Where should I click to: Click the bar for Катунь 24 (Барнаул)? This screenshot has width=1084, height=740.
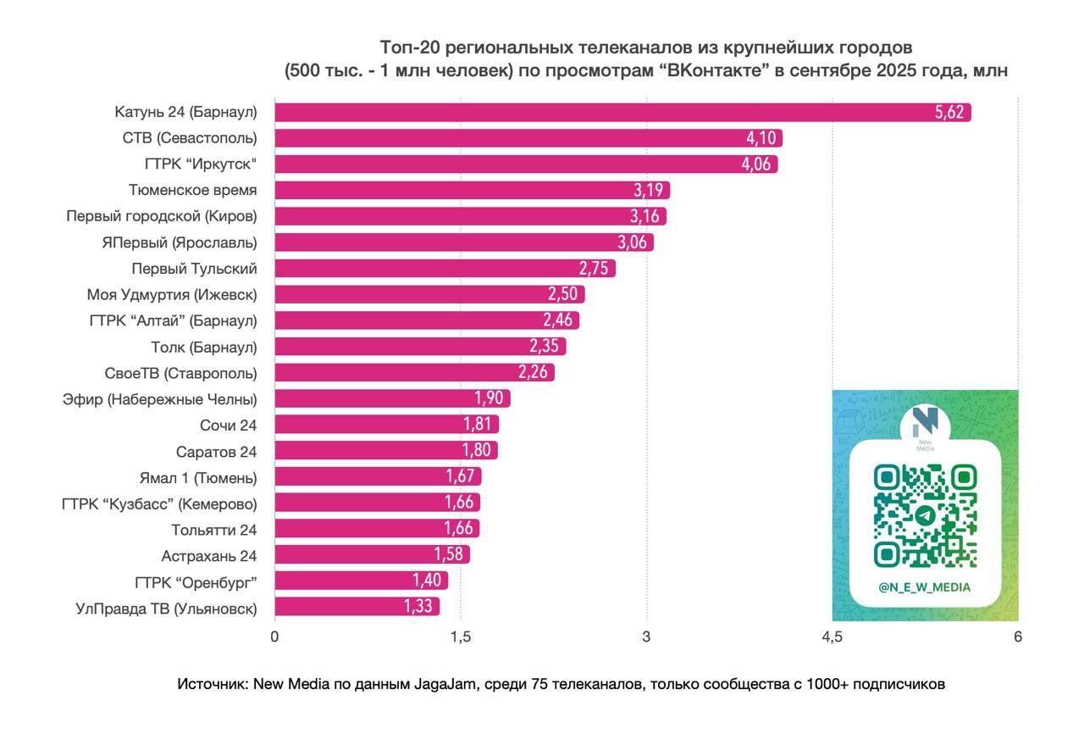click(593, 112)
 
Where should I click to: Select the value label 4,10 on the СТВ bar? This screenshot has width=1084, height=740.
click(760, 138)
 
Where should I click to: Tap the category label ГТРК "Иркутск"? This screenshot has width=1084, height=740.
click(201, 164)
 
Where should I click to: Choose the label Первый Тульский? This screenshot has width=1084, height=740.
click(194, 269)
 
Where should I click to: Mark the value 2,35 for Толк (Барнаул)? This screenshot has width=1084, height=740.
click(545, 347)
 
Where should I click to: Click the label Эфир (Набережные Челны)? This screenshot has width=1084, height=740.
click(159, 399)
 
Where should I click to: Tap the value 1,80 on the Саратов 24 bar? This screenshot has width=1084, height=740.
click(478, 451)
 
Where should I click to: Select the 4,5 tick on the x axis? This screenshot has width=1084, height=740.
click(832, 637)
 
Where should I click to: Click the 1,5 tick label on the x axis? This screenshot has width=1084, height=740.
click(461, 637)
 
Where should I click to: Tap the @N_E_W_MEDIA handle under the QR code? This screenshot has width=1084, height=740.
click(925, 587)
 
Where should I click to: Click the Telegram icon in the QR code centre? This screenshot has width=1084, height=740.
click(925, 515)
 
